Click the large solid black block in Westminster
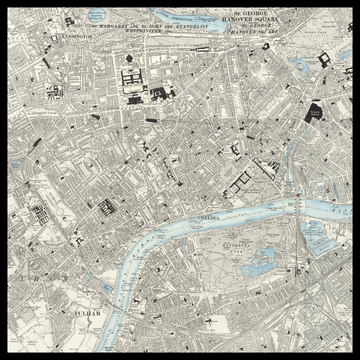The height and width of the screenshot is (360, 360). point(314,113)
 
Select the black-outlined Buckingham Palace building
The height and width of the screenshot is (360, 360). point(325,63)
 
